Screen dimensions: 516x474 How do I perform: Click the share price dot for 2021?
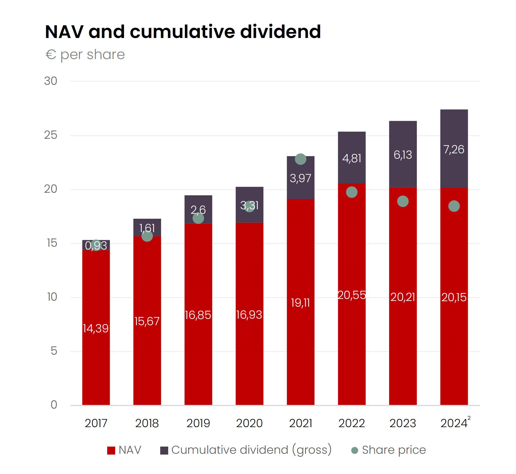click(x=300, y=159)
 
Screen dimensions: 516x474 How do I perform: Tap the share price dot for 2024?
click(x=454, y=206)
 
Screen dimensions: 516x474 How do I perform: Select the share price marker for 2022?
click(x=352, y=192)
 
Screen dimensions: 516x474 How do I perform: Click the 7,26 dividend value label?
click(x=454, y=149)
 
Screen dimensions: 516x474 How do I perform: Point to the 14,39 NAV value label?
click(x=96, y=328)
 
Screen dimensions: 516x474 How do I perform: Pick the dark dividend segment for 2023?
click(x=403, y=154)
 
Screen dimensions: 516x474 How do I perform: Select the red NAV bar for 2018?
click(x=147, y=321)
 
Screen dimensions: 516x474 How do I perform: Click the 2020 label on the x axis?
click(x=249, y=423)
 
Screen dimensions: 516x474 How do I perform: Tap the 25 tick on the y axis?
click(x=50, y=135)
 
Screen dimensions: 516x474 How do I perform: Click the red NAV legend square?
click(x=111, y=450)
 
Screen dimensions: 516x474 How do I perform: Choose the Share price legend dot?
click(x=355, y=450)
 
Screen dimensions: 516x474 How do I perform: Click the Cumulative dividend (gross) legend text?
click(x=251, y=450)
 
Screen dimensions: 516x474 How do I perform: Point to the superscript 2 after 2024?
click(x=469, y=418)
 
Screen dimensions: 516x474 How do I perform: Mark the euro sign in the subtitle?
click(x=51, y=54)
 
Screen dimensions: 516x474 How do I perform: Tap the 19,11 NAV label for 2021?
click(x=300, y=303)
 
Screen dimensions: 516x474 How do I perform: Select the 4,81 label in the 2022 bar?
click(x=352, y=158)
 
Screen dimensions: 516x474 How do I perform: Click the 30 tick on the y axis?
click(x=50, y=81)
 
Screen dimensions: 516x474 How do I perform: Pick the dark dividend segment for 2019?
click(x=198, y=209)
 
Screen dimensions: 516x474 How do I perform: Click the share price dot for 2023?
click(x=403, y=201)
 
